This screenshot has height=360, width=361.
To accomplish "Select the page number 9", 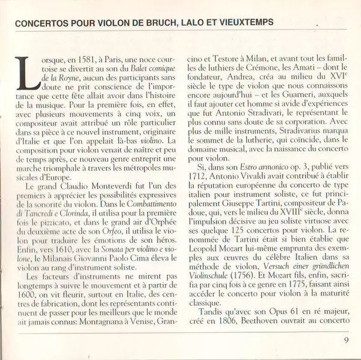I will pyautogui.click(x=347, y=340).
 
